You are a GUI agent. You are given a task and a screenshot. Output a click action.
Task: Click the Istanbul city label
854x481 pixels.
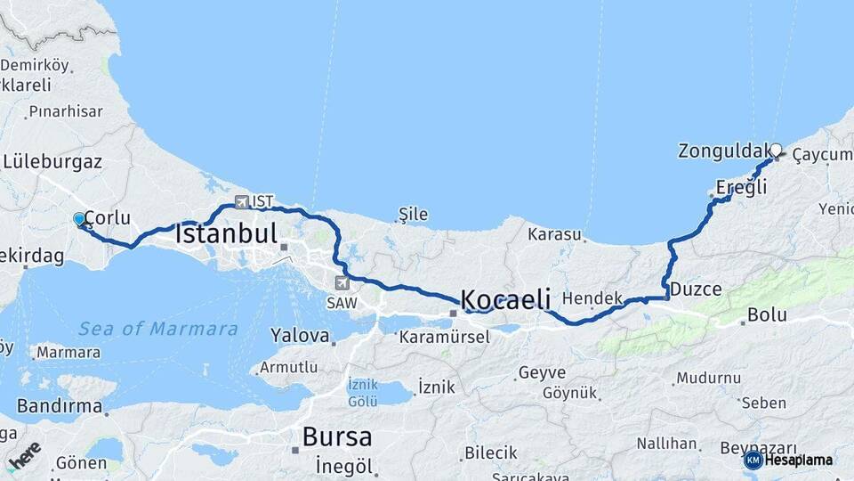click(227, 235)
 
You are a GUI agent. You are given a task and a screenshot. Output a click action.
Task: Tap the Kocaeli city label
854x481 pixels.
click(506, 299)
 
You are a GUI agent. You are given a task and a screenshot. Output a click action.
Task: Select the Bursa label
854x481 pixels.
click(337, 437)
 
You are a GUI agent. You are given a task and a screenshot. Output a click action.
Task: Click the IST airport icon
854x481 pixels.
click(242, 201)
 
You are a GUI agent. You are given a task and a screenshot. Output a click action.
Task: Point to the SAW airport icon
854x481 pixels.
click(342, 283)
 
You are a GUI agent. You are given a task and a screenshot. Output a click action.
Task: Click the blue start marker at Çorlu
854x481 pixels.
click(79, 219)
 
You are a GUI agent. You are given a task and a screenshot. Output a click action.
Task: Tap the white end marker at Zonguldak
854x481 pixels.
click(776, 151)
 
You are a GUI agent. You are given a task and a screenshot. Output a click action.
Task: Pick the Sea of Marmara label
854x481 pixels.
click(158, 330)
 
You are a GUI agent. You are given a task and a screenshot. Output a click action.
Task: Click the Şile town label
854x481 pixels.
click(414, 214)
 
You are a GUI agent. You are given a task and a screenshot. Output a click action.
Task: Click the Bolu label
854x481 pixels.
click(767, 314)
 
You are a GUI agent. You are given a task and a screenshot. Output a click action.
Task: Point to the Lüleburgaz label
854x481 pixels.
click(52, 162)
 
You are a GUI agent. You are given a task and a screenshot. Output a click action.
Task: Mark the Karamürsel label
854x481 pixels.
click(444, 338)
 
